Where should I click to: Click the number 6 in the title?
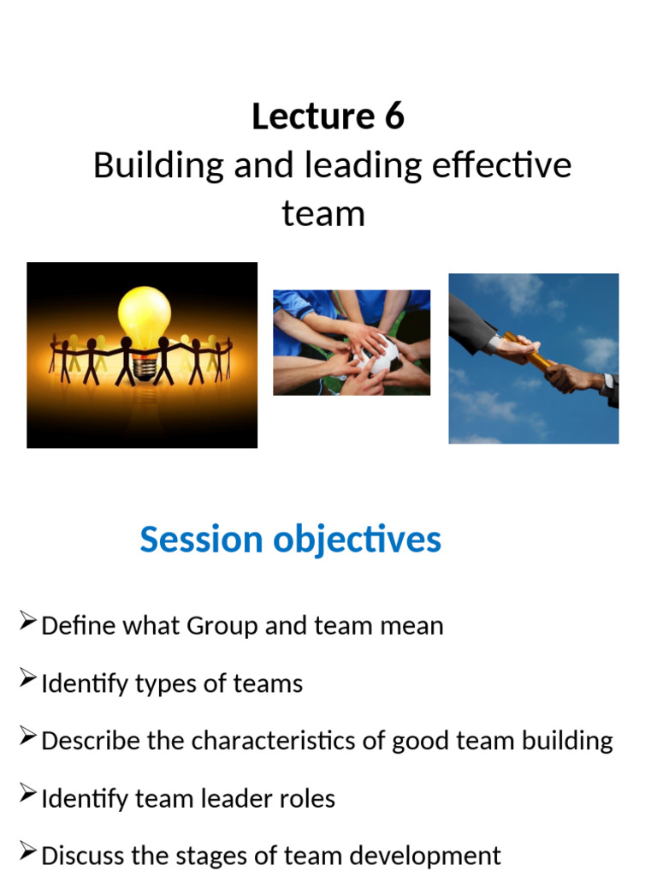click(x=394, y=116)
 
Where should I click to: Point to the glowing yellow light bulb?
click(x=145, y=317)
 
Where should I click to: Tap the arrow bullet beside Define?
click(x=27, y=622)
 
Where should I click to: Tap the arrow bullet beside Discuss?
click(x=27, y=852)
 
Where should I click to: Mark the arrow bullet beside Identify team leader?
click(x=27, y=794)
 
